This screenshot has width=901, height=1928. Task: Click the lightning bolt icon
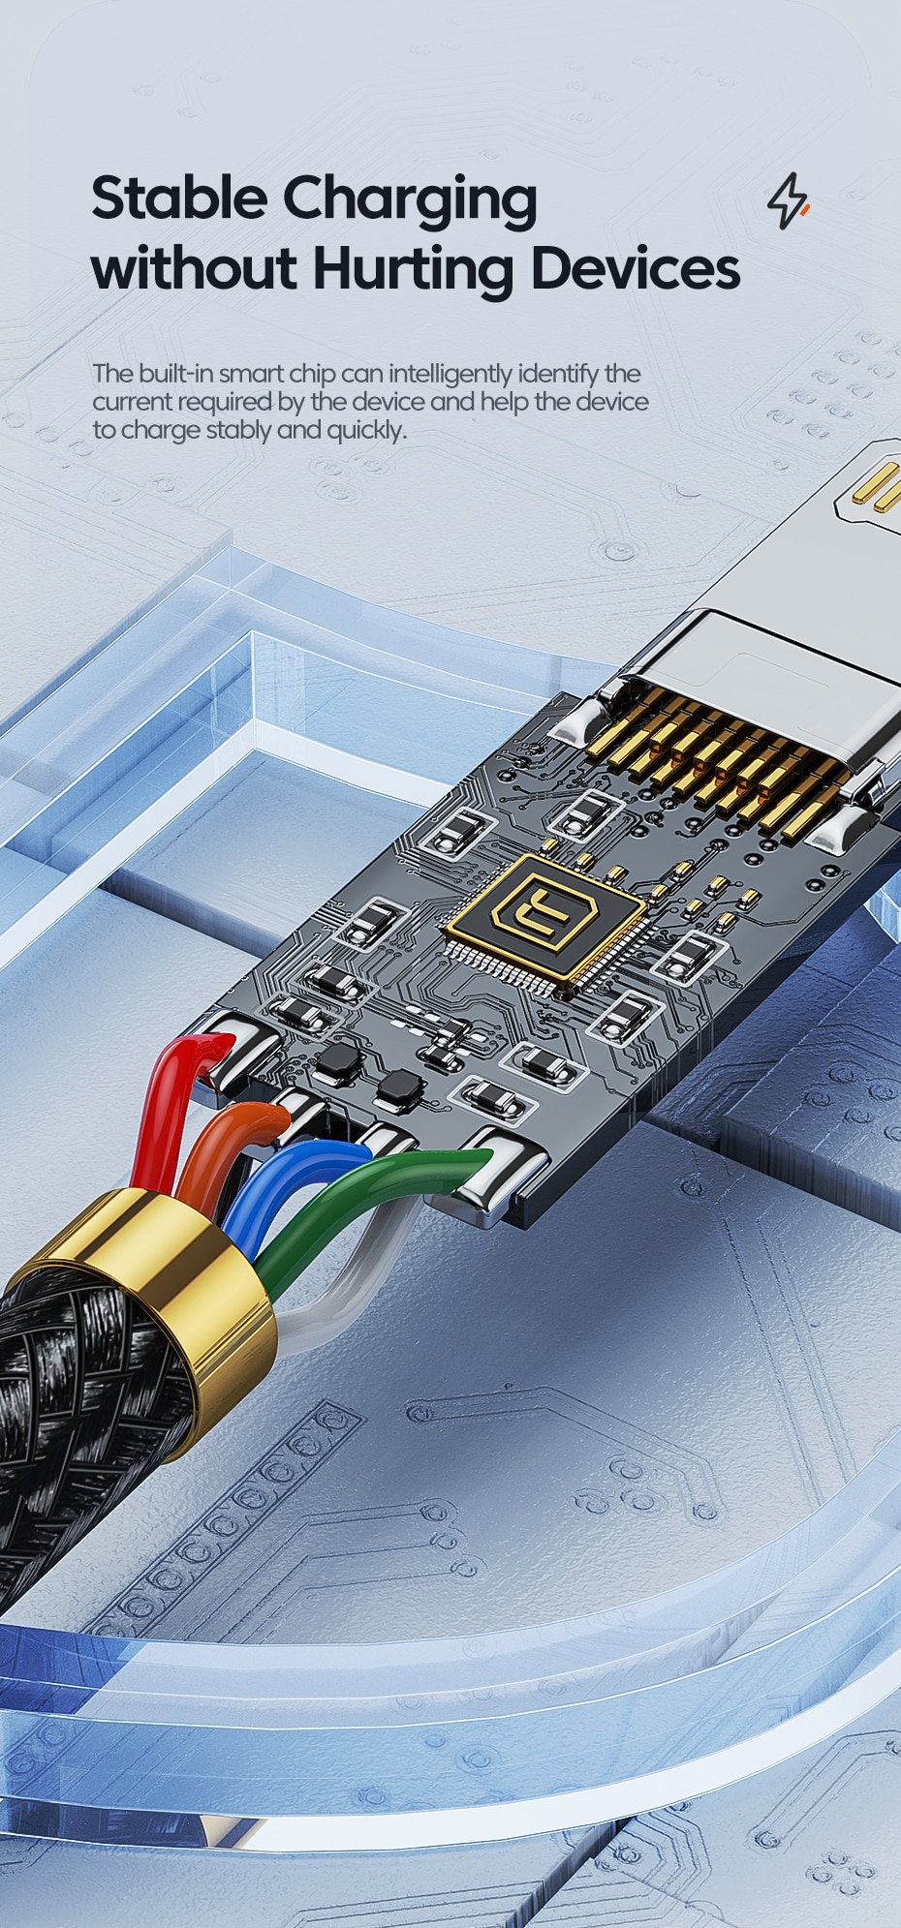[x=789, y=200]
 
